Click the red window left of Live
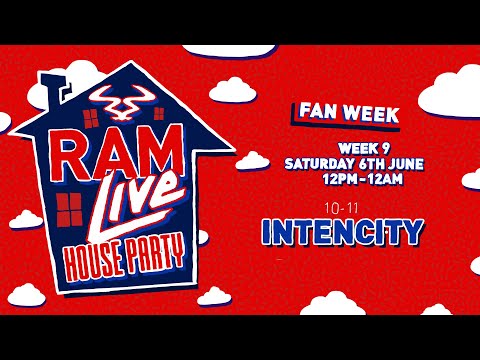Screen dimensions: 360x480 pyautogui.click(x=71, y=208)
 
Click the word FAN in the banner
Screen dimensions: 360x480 pyautogui.click(x=306, y=114)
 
